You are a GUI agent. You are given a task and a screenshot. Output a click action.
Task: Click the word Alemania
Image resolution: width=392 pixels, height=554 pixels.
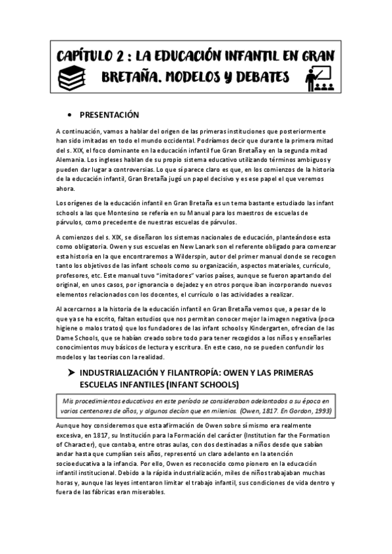[72, 159]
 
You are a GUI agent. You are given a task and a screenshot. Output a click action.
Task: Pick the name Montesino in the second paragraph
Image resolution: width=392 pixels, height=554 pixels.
[150, 213]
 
